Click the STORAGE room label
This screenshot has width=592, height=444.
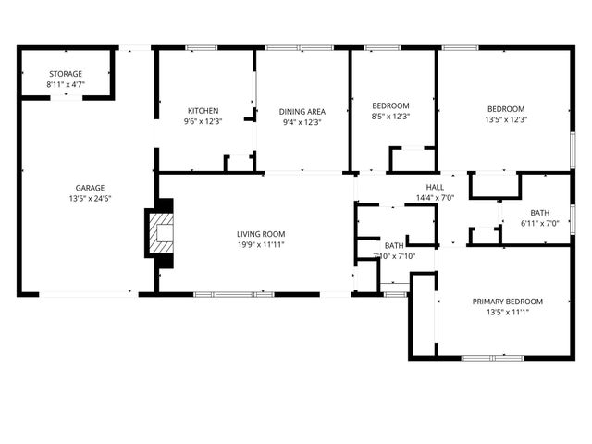[x=66, y=74]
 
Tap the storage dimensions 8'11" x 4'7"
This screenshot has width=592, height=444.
[x=66, y=85]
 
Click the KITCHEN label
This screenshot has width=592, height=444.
[x=203, y=110]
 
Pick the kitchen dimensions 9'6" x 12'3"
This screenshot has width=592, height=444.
[x=203, y=121]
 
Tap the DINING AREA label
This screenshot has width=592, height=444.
[x=303, y=110]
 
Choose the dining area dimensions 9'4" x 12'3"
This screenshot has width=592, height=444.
[x=303, y=121]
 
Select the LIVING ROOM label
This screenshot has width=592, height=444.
[x=260, y=234]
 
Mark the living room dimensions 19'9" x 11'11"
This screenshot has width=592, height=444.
[x=260, y=245]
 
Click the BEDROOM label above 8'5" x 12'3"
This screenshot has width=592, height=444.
[x=390, y=105]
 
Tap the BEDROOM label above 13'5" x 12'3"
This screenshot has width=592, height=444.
[x=505, y=107]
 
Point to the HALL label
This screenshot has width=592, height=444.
[x=435, y=187]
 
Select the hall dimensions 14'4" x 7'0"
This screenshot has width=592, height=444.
[x=435, y=198]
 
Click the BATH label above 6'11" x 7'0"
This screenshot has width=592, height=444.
[x=539, y=214]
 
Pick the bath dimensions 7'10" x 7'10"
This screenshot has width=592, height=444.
[x=394, y=256]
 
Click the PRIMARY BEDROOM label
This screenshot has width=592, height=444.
[x=507, y=302]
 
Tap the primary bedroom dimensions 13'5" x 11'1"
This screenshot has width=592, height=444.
[x=507, y=313]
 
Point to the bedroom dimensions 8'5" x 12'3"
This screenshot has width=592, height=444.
[x=390, y=117]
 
